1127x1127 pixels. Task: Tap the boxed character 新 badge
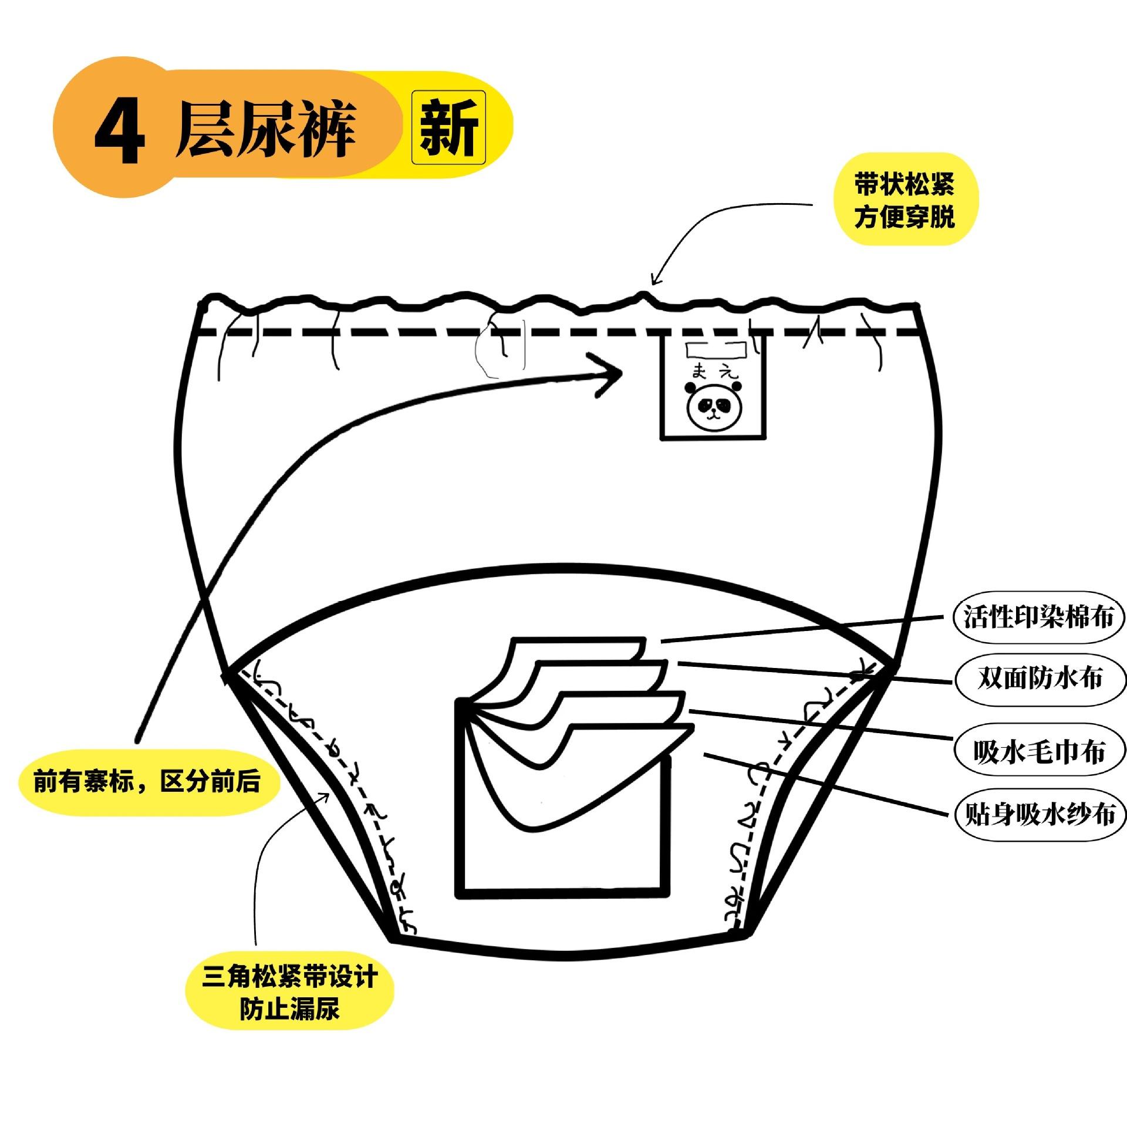coord(448,127)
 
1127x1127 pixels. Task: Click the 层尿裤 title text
coord(265,129)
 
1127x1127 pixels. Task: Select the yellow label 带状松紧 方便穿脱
coord(904,200)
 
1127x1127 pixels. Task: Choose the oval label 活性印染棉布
coord(1038,617)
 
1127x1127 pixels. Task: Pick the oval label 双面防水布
coord(1040,678)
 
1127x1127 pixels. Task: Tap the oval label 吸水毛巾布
coord(1039,751)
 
